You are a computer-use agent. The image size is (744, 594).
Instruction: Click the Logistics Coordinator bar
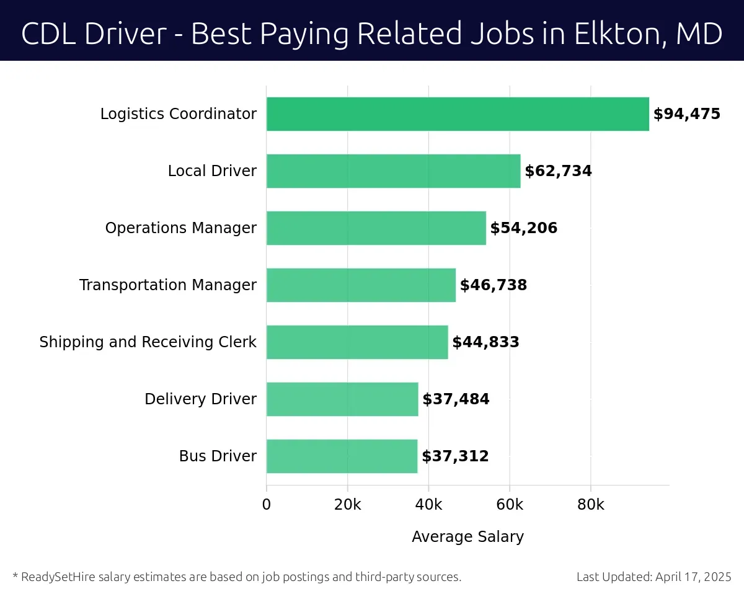[x=458, y=114]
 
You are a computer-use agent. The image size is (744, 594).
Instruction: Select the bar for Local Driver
[x=393, y=171]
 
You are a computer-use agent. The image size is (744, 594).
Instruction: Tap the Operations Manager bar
[x=376, y=228]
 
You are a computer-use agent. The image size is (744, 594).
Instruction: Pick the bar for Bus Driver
[x=342, y=456]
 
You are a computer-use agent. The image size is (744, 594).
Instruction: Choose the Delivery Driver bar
[x=342, y=399]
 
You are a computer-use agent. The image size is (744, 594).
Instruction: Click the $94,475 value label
[x=686, y=114]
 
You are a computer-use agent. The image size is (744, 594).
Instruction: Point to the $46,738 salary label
[x=493, y=285]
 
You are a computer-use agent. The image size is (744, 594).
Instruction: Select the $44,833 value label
[x=485, y=342]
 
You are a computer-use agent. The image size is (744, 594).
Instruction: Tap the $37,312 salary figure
[x=455, y=456]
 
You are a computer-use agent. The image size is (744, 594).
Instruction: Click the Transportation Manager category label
[x=167, y=285]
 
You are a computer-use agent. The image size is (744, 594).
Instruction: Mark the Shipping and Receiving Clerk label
[x=148, y=342]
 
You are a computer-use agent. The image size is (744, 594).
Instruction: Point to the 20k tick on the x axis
[x=347, y=505]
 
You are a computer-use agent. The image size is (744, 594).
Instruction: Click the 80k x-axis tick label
[x=590, y=505]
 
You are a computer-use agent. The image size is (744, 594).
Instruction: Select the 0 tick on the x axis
[x=267, y=505]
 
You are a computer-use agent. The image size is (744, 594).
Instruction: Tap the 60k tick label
[x=509, y=505]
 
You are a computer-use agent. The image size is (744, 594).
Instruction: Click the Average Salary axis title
[x=467, y=537]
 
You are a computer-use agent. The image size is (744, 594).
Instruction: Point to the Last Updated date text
[x=653, y=577]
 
